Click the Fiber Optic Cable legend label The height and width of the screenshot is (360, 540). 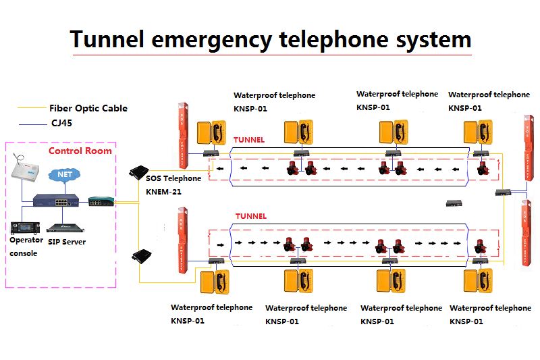tap(88, 108)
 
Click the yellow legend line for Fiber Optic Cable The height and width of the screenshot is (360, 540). tap(32, 108)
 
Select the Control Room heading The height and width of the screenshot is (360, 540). tap(80, 151)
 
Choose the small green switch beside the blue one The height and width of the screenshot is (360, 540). tap(95, 201)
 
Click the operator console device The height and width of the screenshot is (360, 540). tap(25, 226)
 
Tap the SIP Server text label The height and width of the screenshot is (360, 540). tap(66, 241)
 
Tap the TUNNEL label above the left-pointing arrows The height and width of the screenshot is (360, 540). tap(249, 140)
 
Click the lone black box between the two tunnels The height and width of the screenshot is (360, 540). tap(452, 203)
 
